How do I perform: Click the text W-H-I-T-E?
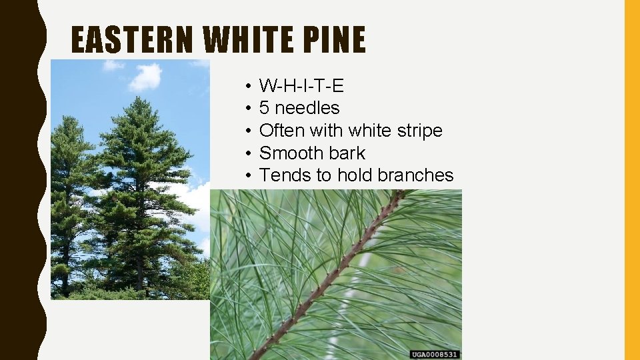tap(301, 85)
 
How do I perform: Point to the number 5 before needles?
tap(264, 108)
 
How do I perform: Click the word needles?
tap(307, 108)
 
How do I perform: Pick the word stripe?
tap(419, 131)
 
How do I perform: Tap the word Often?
tap(281, 131)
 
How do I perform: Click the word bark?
tap(347, 153)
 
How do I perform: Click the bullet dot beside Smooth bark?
tap(247, 153)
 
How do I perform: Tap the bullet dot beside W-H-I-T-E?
tap(247, 86)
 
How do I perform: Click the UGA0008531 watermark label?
tap(435, 355)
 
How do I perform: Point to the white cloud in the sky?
tap(145, 76)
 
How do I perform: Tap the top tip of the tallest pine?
tap(137, 99)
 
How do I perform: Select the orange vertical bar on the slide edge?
tap(631, 180)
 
